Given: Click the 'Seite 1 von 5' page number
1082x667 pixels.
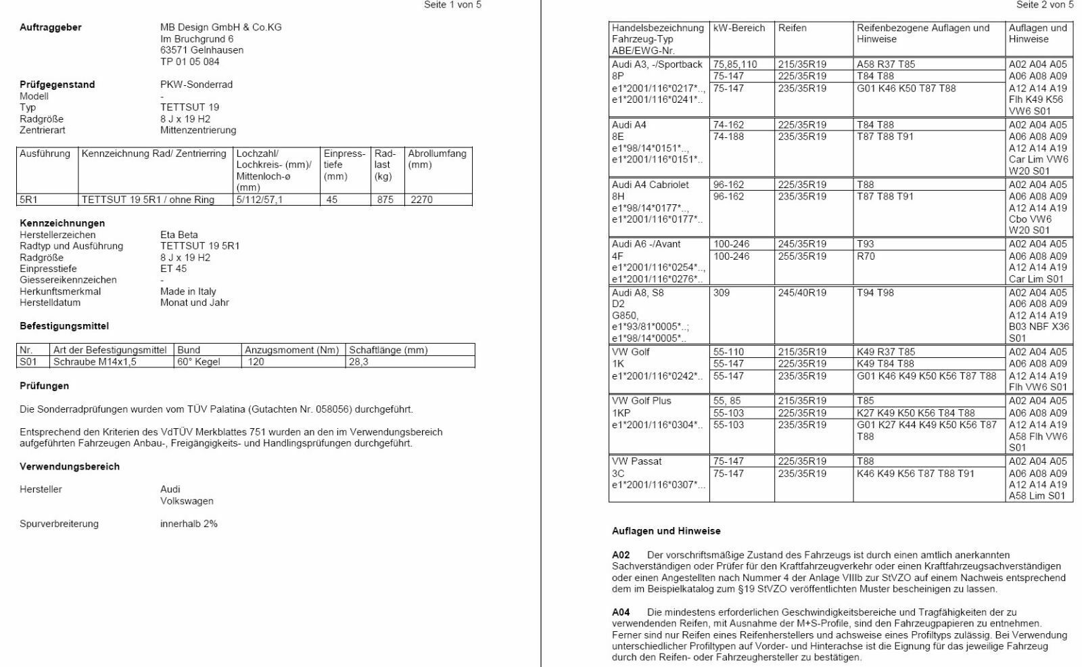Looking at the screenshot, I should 452,5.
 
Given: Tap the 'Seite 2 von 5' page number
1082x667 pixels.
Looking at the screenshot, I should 1045,5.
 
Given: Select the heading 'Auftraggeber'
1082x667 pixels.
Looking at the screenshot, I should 51,27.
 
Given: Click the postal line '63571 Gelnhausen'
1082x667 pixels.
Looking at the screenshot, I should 202,50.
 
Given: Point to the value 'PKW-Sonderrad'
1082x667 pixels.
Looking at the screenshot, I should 196,85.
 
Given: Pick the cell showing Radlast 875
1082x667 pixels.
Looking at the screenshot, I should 385,200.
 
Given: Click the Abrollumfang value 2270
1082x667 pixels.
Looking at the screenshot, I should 421,200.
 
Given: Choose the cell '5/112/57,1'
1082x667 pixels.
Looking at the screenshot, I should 260,200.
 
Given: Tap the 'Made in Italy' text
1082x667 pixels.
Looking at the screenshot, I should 188,292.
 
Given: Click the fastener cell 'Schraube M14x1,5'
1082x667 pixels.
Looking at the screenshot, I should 95,362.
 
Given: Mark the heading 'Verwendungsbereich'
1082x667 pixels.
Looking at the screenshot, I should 70,467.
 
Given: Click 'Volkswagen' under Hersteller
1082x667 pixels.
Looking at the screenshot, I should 187,501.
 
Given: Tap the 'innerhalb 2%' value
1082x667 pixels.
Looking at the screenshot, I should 189,524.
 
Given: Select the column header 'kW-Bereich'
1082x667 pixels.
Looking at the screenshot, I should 739,28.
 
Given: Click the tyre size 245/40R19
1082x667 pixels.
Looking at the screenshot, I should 802,293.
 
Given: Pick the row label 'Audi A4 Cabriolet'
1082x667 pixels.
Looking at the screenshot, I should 651,185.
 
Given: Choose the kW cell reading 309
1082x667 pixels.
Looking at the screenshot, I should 722,293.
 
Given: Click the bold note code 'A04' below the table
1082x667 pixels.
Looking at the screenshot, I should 621,612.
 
